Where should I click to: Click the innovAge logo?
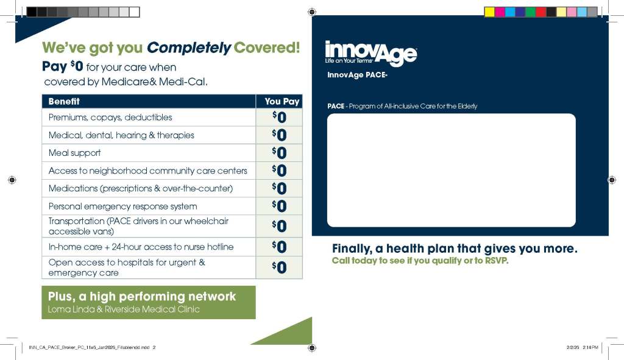371,53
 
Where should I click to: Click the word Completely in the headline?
189,48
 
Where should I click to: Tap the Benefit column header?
64,102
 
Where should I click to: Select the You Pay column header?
282,102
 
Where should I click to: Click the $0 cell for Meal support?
279,153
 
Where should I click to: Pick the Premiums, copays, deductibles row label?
110,118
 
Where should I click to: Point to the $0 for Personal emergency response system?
279,206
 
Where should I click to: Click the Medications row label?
141,188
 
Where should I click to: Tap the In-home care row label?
141,247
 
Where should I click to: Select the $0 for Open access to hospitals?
279,267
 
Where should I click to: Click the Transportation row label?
138,226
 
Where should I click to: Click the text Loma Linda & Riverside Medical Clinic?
124,309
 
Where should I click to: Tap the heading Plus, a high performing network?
141,297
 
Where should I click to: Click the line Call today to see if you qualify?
420,261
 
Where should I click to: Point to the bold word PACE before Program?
336,106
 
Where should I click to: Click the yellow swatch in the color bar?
489,12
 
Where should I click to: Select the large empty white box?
452,171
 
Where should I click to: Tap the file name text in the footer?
89,347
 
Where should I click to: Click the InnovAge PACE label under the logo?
357,75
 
